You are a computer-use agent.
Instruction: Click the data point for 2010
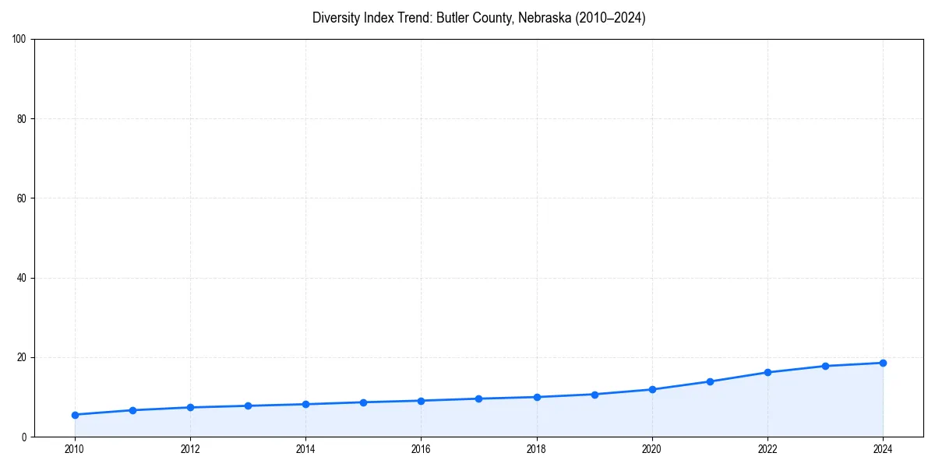[75, 415]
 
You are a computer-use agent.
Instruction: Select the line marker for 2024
[883, 363]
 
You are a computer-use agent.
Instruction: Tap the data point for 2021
[710, 381]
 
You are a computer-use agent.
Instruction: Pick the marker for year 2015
[363, 402]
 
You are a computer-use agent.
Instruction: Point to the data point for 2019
[595, 395]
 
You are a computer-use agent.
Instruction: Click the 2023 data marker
[825, 366]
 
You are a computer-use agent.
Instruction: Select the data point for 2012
[190, 407]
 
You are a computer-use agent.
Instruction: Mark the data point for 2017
[478, 399]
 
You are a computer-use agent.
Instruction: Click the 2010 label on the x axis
[75, 448]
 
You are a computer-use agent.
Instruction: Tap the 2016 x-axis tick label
[421, 448]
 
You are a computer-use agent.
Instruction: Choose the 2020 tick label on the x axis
[652, 448]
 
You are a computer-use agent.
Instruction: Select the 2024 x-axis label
[883, 448]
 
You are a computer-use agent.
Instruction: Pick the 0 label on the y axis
[25, 437]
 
